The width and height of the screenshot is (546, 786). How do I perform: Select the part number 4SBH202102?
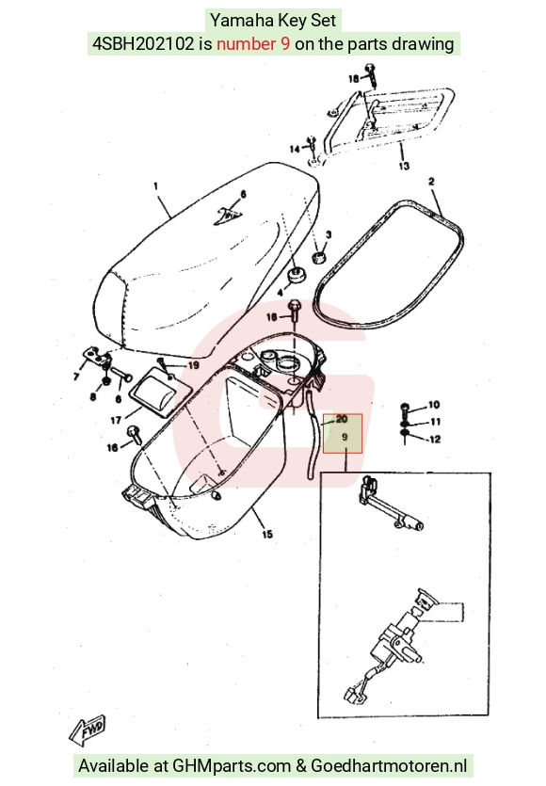(143, 44)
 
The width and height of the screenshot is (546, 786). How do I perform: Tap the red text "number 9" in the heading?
(253, 44)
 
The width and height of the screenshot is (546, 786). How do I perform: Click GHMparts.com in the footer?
(232, 765)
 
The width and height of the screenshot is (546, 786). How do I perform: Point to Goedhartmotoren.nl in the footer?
(389, 765)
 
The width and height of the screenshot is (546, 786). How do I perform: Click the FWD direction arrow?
(88, 729)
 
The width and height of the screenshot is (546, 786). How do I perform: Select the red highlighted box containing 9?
(343, 433)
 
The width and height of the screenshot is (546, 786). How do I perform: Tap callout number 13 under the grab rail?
(404, 166)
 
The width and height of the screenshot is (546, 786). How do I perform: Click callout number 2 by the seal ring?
(431, 182)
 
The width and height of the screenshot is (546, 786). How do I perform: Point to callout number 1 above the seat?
(156, 186)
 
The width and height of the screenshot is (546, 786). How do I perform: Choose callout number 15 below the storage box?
(267, 535)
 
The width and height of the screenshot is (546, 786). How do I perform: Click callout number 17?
(116, 420)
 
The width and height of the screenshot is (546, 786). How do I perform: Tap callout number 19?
(194, 365)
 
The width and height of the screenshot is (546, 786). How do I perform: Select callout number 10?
(434, 405)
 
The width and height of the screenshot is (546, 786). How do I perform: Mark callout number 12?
(435, 440)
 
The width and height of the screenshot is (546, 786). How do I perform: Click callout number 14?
(295, 149)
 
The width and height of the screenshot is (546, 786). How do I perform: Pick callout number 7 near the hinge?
(76, 377)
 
